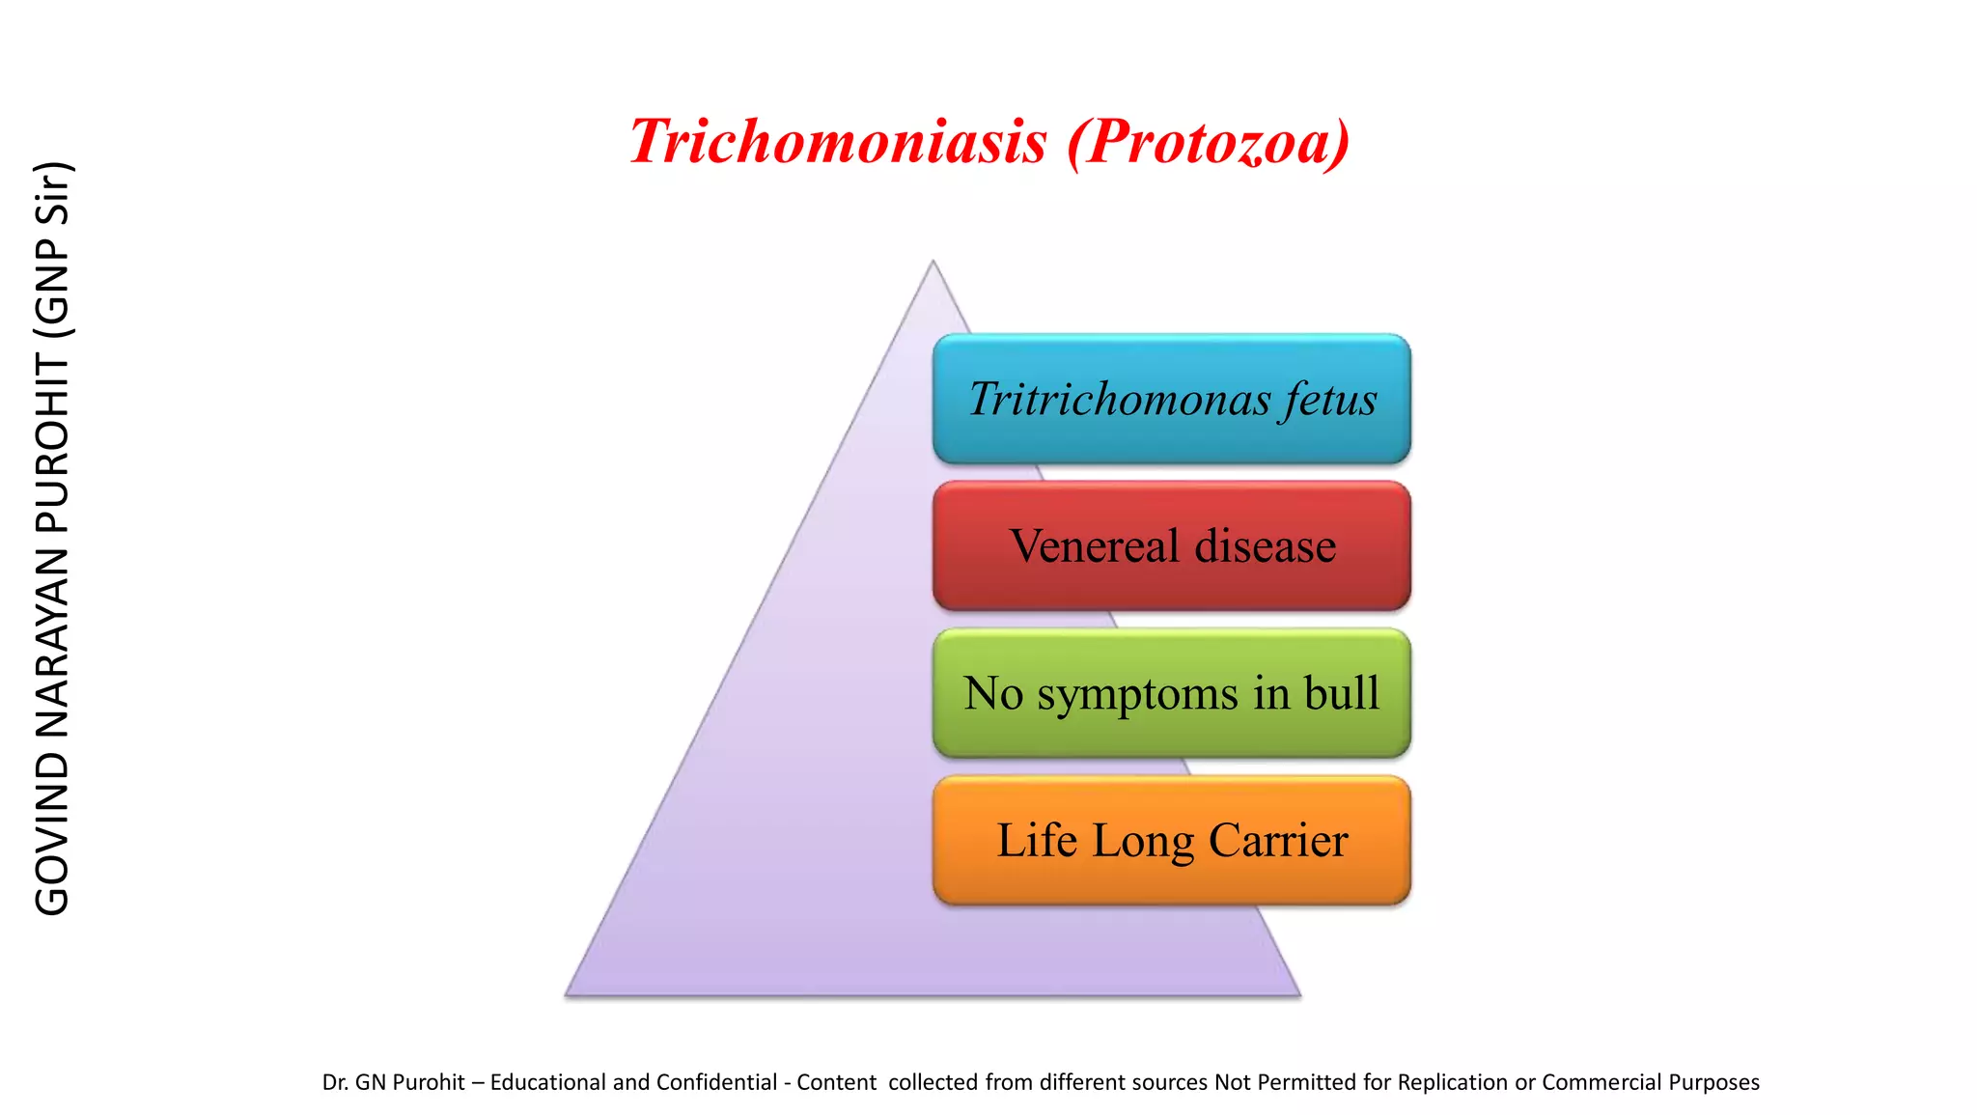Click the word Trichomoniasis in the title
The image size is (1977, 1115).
pyautogui.click(x=838, y=142)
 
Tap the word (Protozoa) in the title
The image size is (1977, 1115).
pyautogui.click(x=1208, y=142)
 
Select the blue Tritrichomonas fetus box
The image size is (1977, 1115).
pyautogui.click(x=1171, y=400)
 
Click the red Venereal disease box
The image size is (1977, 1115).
pyautogui.click(x=1171, y=546)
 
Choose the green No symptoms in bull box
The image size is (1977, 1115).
pyautogui.click(x=1171, y=693)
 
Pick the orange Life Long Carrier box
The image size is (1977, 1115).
pyautogui.click(x=1171, y=841)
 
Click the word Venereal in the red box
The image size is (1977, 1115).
pyautogui.click(x=1094, y=546)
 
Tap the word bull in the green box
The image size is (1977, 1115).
pyautogui.click(x=1341, y=693)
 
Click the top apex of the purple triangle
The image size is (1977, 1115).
pyautogui.click(x=933, y=264)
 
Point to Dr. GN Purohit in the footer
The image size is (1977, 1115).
pyautogui.click(x=393, y=1082)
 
